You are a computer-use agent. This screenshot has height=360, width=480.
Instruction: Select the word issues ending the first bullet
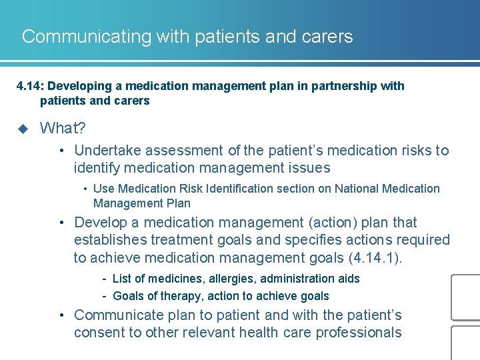310,168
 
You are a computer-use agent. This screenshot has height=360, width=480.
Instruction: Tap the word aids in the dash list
348,279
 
